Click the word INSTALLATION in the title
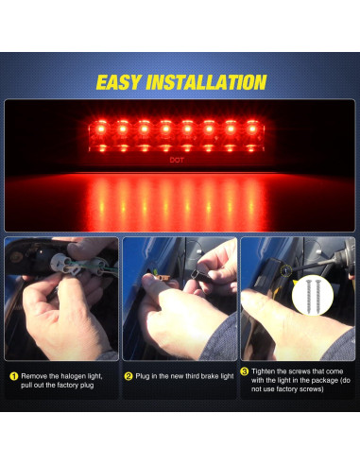click(x=206, y=82)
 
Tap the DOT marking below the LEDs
click(x=177, y=160)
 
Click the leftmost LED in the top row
click(x=101, y=129)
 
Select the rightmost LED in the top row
click(x=251, y=129)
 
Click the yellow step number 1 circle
click(x=14, y=376)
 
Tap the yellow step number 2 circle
click(x=129, y=376)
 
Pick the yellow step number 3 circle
click(x=245, y=371)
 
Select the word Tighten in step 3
click(x=263, y=371)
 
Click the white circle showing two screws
click(x=313, y=295)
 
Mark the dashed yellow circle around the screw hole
click(x=286, y=271)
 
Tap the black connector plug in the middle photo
click(x=202, y=276)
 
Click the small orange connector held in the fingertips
click(x=163, y=278)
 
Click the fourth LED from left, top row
click(x=165, y=129)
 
